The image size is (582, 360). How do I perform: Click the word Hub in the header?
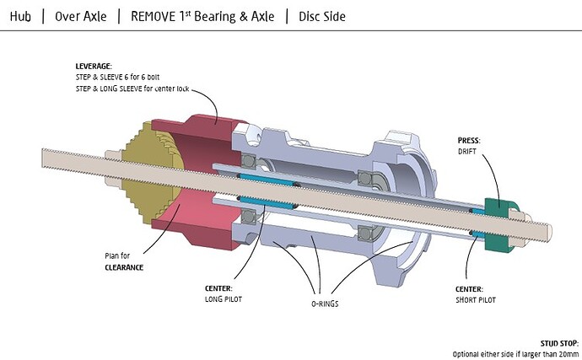pos(20,16)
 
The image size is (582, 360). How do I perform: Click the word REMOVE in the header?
pos(153,16)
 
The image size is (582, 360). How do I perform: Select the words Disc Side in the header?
pos(322,16)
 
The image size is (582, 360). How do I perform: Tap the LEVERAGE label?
pos(94,67)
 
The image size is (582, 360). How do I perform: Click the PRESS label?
pos(469,141)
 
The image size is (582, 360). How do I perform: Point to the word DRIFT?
pos(467,152)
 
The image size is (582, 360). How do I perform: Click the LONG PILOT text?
pos(223,299)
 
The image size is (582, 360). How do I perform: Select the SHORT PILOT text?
pos(476,300)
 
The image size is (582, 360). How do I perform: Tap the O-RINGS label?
pos(325,304)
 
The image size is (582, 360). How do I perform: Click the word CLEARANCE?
pos(124,267)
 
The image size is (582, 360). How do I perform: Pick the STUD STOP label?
pos(559,343)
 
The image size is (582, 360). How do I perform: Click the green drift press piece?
pos(501,224)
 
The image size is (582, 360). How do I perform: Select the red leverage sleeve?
pos(201,182)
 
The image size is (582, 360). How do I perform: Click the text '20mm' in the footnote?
pos(569,354)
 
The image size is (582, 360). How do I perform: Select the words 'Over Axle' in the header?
pos(80,16)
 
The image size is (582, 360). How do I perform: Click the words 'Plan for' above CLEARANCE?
pos(117,256)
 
